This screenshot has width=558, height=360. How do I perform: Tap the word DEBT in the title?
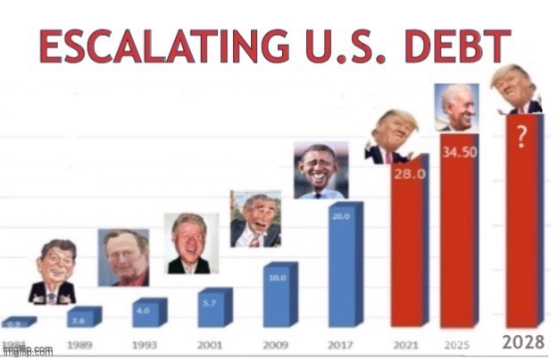459,47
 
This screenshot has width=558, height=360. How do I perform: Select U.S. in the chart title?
343,47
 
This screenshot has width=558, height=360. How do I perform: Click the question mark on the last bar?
521,136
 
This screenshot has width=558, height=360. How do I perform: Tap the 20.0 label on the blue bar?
341,215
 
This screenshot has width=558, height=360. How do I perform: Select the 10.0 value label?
276,278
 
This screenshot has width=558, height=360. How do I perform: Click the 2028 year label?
524,342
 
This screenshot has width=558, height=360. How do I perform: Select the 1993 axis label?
145,344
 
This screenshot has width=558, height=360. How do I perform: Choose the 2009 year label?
276,344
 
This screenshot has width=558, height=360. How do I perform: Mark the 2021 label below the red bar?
406,344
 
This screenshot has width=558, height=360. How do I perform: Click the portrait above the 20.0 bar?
321,170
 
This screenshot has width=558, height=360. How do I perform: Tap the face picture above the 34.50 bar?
456,108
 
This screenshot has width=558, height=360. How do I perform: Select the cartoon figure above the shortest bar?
52,276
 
